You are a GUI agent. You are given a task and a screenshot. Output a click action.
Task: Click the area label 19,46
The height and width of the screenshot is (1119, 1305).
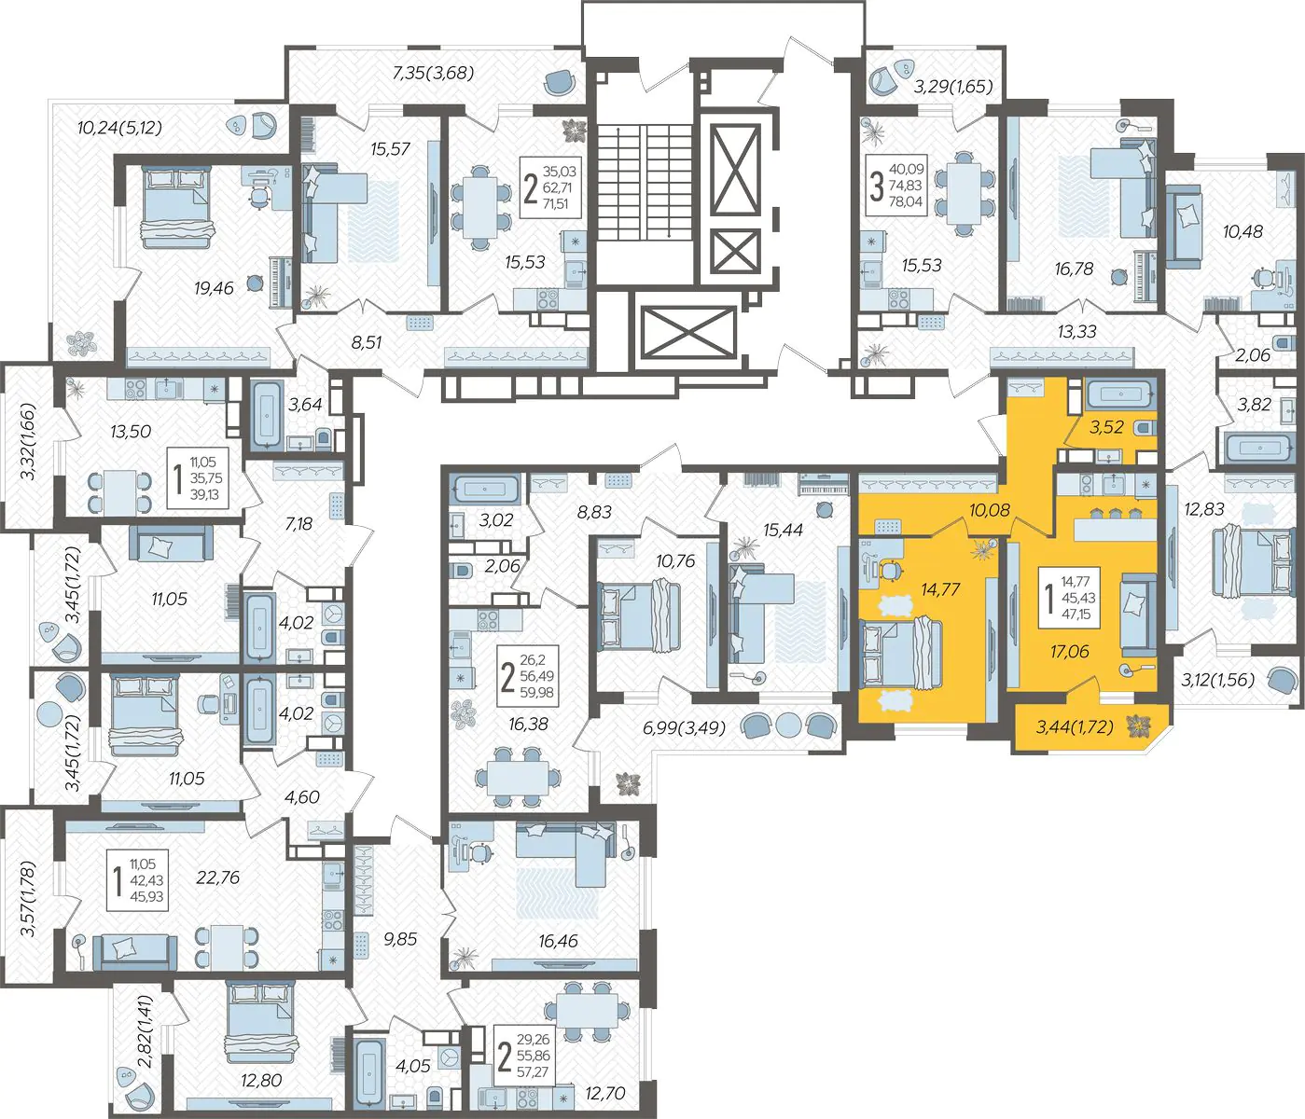click(214, 288)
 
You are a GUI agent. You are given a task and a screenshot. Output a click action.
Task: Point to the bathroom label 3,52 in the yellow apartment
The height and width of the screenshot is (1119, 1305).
click(1106, 427)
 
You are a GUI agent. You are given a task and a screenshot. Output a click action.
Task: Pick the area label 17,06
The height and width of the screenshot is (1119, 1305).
click(1070, 651)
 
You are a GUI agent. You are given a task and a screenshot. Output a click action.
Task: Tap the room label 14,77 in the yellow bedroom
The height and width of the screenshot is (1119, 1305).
click(940, 589)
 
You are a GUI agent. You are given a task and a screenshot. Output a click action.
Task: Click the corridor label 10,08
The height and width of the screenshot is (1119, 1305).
click(990, 509)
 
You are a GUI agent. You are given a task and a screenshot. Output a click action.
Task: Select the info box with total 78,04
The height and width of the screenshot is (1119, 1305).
click(896, 186)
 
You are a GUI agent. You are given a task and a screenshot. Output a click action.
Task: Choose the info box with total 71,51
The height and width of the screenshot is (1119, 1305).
click(550, 187)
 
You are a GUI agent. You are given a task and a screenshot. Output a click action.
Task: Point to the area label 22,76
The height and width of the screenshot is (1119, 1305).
click(218, 877)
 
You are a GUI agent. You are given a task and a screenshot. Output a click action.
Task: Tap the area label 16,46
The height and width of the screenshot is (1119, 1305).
click(558, 941)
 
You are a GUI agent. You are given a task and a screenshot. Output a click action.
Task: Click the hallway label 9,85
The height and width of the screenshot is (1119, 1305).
click(400, 939)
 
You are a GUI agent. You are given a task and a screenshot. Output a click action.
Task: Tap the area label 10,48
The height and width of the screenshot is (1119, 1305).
click(1243, 231)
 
